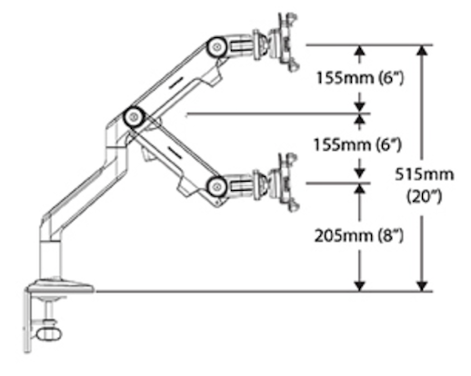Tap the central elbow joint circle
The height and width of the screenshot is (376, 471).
click(135, 115)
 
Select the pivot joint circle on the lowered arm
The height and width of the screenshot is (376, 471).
click(217, 186)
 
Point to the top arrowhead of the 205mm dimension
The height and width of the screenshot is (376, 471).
click(361, 187)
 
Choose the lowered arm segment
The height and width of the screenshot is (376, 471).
click(178, 153)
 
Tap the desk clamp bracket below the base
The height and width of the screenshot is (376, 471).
click(27, 318)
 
